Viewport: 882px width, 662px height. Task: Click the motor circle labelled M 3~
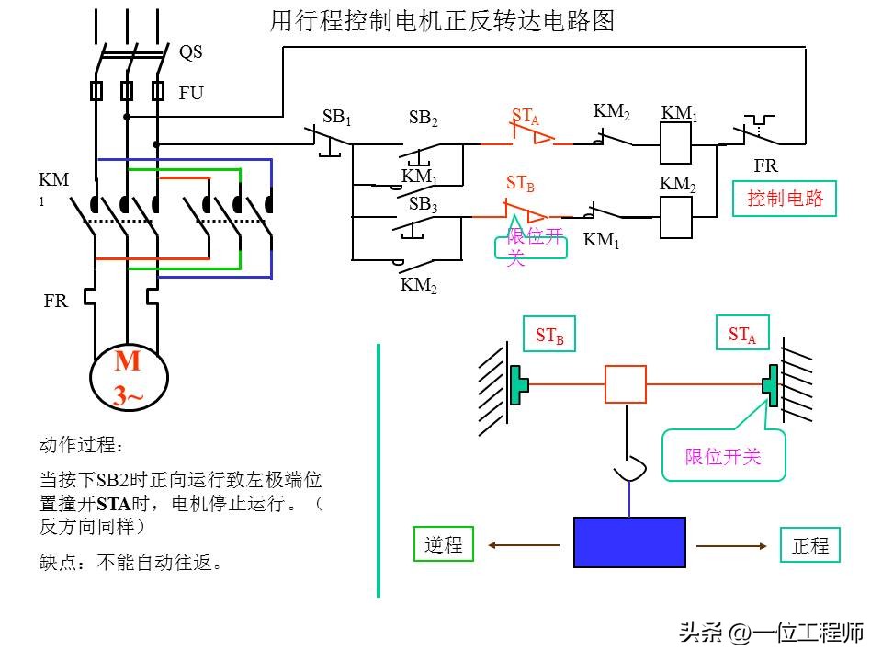click(129, 378)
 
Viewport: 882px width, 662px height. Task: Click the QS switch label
click(190, 52)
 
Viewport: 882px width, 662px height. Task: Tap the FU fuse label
click(191, 94)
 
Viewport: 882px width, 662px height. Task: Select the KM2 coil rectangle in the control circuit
click(676, 217)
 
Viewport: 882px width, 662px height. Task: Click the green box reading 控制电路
click(785, 198)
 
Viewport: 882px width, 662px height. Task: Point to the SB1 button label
click(336, 117)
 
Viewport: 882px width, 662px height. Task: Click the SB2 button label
click(424, 119)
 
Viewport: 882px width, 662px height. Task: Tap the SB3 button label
click(424, 205)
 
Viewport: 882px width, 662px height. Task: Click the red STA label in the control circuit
click(526, 117)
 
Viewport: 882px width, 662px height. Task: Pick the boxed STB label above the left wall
click(549, 336)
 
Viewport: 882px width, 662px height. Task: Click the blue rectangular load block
click(629, 542)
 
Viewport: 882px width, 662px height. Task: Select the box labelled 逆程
click(444, 544)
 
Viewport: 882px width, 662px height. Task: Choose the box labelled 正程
click(810, 545)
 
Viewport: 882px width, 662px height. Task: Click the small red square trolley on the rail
click(625, 384)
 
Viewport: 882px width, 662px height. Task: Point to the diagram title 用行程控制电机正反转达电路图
click(442, 21)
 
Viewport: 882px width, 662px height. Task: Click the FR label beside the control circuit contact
click(765, 166)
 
